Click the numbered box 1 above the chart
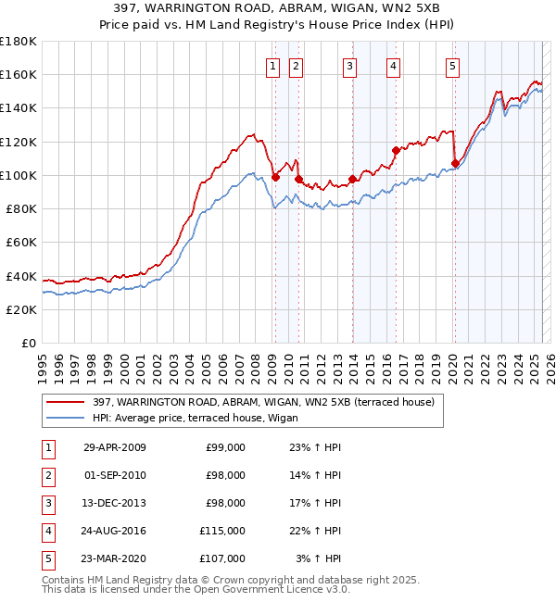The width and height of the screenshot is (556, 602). click(273, 66)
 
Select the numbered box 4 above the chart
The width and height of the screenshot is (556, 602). click(394, 66)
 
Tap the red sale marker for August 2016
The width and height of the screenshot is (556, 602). click(396, 150)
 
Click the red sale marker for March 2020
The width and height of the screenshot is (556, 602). click(455, 163)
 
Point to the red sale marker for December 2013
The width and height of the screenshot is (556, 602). click(352, 179)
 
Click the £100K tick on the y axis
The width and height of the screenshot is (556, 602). click(18, 175)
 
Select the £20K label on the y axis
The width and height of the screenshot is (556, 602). click(20, 310)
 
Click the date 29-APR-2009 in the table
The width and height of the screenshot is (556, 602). click(115, 447)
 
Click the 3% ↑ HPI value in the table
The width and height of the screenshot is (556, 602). click(319, 558)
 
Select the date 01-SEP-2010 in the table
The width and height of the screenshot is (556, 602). click(115, 475)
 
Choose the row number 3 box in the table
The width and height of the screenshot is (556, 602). click(46, 503)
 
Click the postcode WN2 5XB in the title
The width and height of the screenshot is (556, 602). click(415, 9)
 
